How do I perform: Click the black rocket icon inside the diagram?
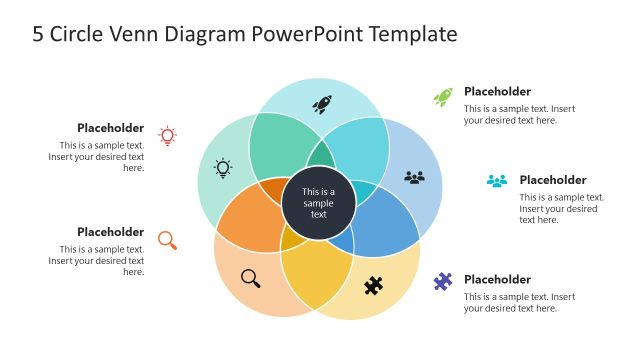322,103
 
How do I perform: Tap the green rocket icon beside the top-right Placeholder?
443,97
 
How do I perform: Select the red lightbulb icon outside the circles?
168,136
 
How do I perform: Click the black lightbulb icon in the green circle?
223,168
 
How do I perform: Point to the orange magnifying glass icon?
167,240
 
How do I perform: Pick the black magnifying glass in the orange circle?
250,278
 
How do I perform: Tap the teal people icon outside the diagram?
497,181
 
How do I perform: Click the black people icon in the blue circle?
415,177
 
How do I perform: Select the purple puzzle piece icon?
443,282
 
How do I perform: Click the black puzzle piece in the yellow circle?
373,286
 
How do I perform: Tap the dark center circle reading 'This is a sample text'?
318,204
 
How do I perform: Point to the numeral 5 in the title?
38,34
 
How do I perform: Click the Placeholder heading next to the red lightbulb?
110,128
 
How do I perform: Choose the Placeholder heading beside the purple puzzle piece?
497,279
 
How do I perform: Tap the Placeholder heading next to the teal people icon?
552,180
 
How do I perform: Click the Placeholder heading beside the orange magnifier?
110,232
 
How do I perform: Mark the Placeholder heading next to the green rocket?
497,91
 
